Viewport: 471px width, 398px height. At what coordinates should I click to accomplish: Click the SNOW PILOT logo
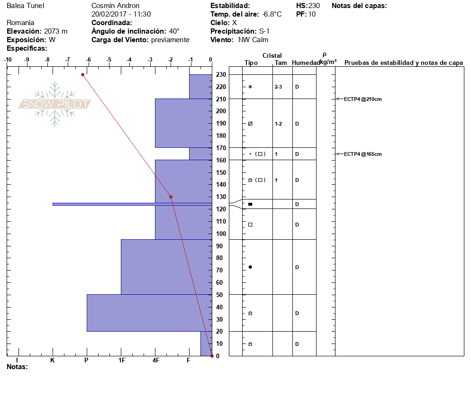coord(54,104)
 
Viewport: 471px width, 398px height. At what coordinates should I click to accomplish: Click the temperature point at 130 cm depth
coord(171,197)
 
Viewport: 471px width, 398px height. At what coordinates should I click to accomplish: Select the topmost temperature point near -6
coord(82,74)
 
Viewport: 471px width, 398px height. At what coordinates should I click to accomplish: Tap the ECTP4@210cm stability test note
coord(362,99)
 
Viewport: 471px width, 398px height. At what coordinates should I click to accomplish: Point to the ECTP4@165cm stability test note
coord(362,154)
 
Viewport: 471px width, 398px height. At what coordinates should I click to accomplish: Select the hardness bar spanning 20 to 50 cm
coord(149,313)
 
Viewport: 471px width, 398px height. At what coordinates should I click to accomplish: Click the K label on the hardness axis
coord(52,361)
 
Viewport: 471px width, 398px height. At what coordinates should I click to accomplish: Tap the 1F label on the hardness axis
coord(121,361)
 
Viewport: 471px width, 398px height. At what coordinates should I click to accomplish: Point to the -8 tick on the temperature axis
coord(47,60)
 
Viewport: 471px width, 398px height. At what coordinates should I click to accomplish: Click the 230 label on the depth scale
coord(220,74)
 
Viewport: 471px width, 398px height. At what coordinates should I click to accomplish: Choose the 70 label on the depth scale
coord(220,270)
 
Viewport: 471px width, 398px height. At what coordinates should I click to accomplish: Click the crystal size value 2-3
coord(279,87)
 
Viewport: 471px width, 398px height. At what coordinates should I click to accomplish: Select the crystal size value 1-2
coord(279,124)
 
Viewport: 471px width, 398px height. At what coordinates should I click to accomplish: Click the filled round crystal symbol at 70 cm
coord(250,267)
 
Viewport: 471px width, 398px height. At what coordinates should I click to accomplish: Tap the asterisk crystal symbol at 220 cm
coord(250,87)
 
